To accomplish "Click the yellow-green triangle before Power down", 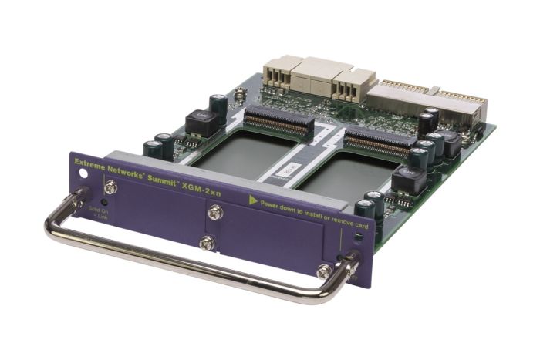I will (251, 200).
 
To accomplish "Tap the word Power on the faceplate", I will (271, 205).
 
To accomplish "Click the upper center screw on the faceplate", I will (215, 212).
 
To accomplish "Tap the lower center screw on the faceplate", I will (208, 244).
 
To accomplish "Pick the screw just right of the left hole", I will (111, 187).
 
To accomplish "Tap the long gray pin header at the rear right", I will (428, 97).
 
